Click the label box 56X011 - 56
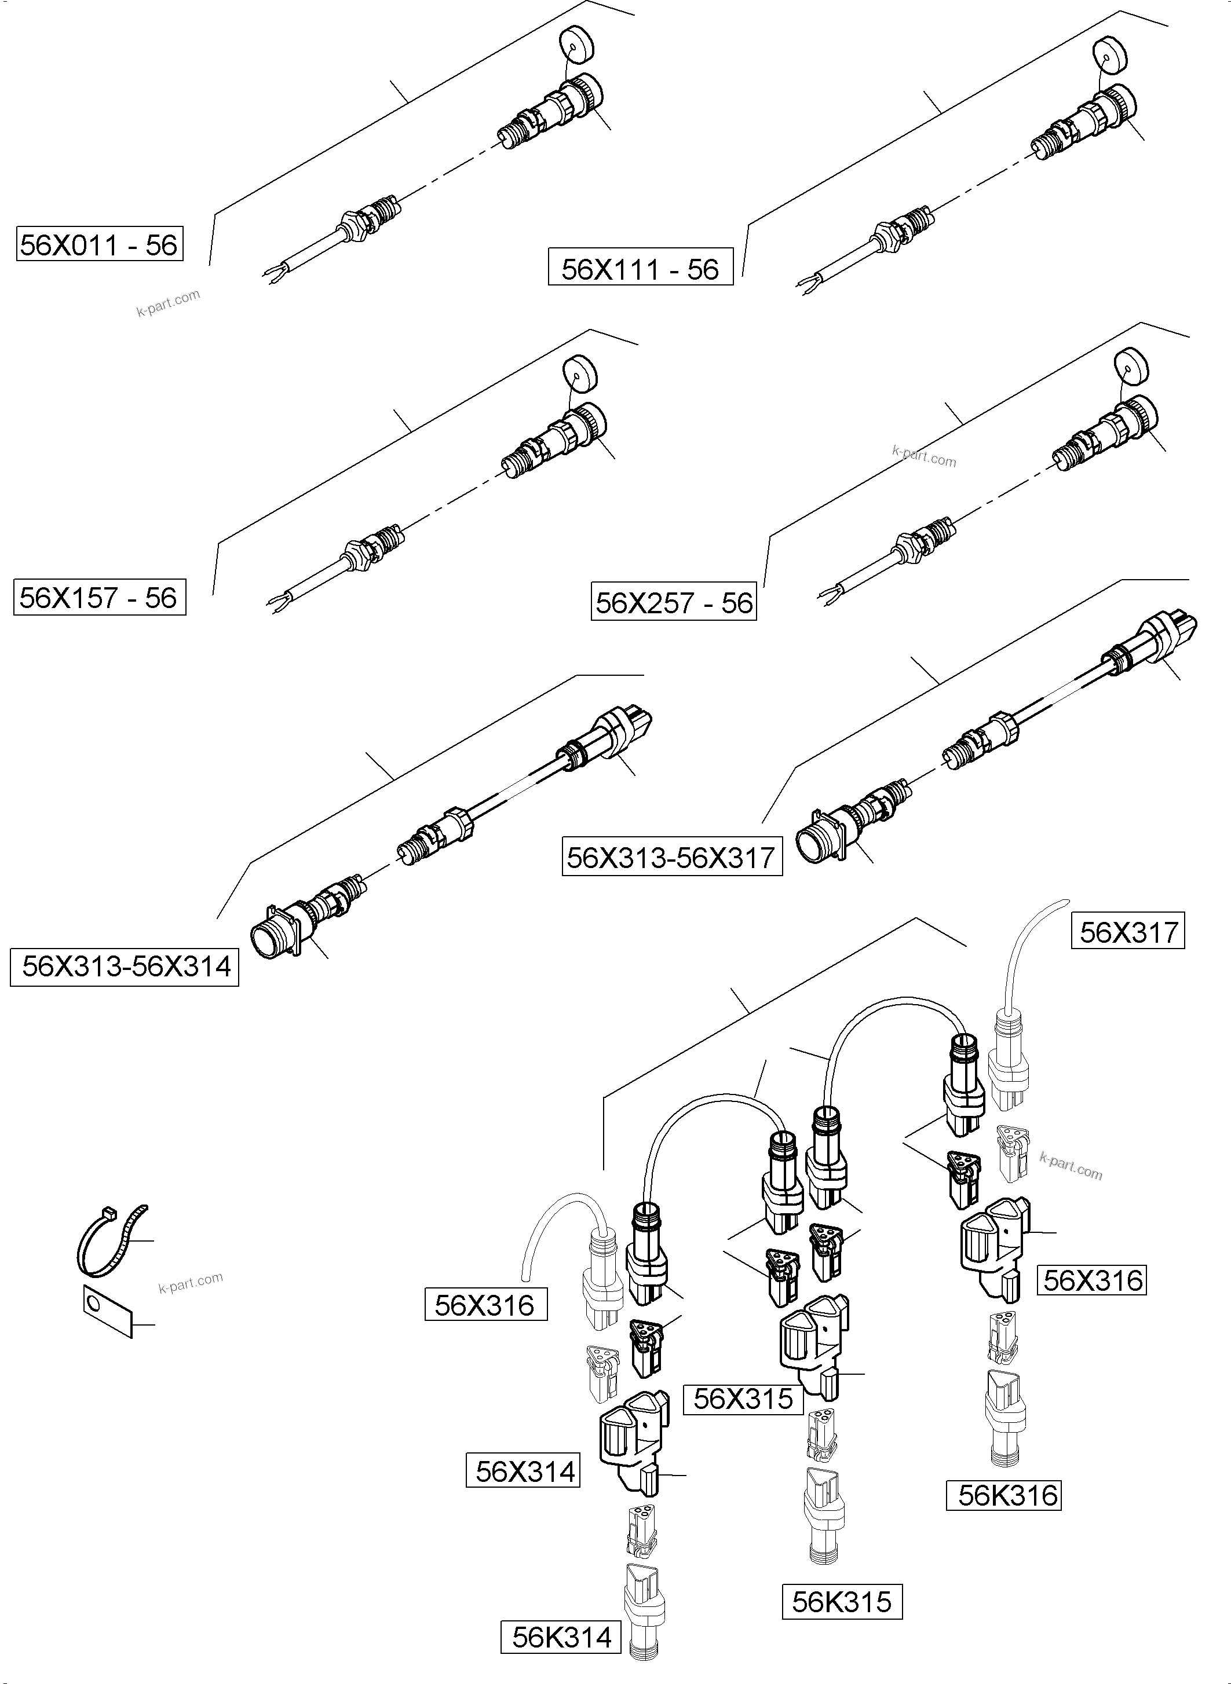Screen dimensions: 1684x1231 [99, 245]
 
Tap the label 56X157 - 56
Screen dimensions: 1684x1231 [99, 597]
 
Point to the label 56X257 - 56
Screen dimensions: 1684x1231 [674, 602]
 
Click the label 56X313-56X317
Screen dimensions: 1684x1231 [671, 857]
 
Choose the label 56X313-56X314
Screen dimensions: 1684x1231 [125, 967]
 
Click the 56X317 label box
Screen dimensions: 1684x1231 [1128, 932]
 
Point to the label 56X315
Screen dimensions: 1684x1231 [743, 1399]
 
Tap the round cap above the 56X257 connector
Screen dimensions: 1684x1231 [1135, 368]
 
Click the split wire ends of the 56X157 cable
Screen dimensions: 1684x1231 [277, 601]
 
